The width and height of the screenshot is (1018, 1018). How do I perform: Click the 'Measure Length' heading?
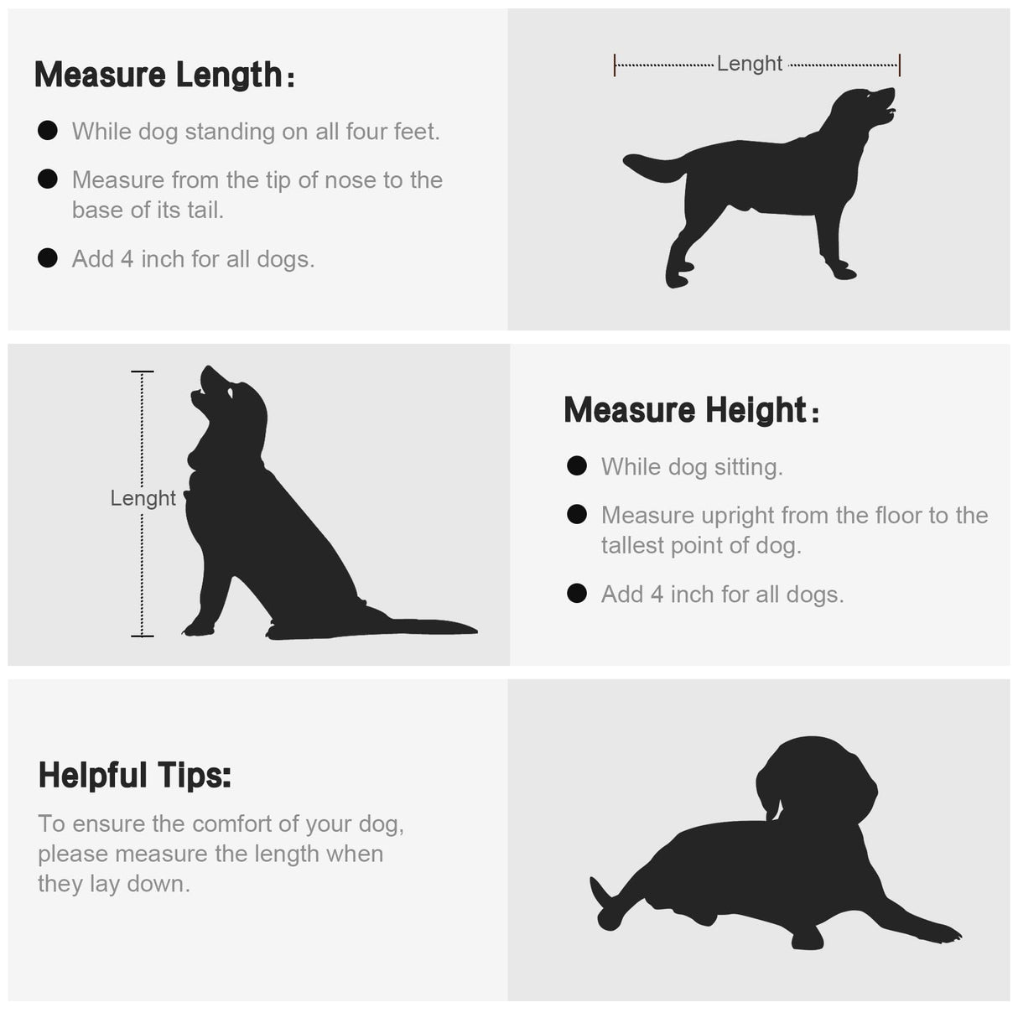[x=164, y=75]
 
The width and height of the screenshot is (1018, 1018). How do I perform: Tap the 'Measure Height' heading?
[x=691, y=410]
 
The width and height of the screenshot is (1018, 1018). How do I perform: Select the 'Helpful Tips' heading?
[x=135, y=776]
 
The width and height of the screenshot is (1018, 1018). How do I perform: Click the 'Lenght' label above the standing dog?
[x=749, y=64]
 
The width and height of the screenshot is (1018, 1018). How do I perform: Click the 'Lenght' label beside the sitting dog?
[x=143, y=498]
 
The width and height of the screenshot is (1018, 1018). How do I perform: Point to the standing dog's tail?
[x=654, y=166]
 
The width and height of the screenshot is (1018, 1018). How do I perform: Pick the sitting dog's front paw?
[x=198, y=629]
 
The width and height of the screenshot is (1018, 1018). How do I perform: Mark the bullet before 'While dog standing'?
[x=48, y=131]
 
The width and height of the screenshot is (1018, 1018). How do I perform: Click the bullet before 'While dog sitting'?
[x=577, y=466]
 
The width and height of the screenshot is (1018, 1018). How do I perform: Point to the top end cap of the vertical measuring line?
[x=142, y=372]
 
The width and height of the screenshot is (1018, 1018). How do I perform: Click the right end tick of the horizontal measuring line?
[x=900, y=65]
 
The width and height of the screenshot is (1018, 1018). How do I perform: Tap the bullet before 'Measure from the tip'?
[x=48, y=179]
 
